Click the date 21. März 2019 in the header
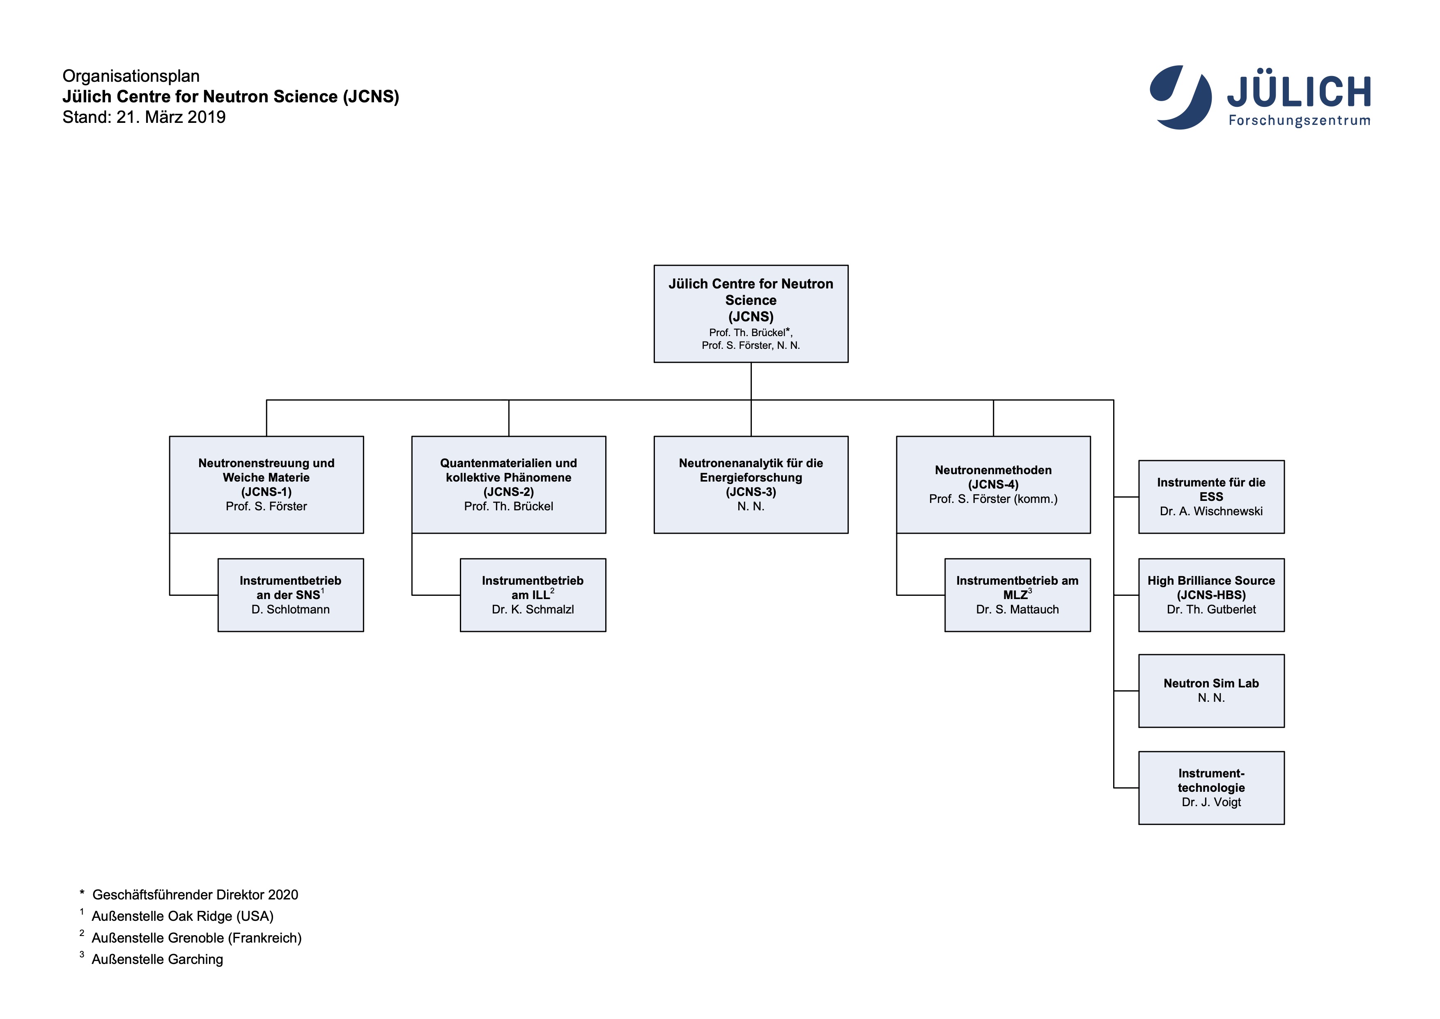pyautogui.click(x=170, y=118)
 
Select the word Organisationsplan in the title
pyautogui.click(x=131, y=76)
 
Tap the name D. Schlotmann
pyautogui.click(x=290, y=609)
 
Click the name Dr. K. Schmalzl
pyautogui.click(x=533, y=609)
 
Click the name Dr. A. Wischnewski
pyautogui.click(x=1210, y=512)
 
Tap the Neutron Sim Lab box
pyautogui.click(x=1210, y=690)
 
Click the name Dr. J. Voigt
pyautogui.click(x=1210, y=802)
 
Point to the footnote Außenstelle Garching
pyautogui.click(x=157, y=959)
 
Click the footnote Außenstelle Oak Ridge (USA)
pyautogui.click(x=182, y=916)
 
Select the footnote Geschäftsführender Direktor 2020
pyautogui.click(x=195, y=895)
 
